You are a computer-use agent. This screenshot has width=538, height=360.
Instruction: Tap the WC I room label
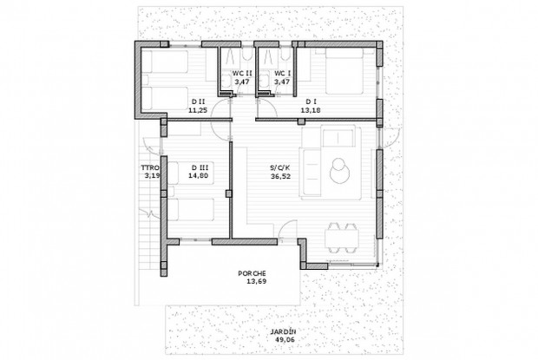[x=282, y=73]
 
